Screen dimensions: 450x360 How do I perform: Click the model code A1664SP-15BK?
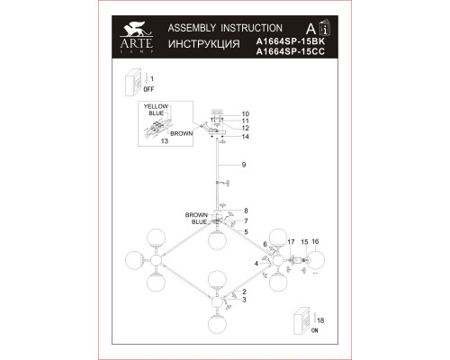pyautogui.click(x=291, y=41)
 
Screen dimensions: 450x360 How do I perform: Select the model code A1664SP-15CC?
pyautogui.click(x=291, y=51)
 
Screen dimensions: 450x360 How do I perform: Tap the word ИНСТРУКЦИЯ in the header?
pyautogui.click(x=204, y=44)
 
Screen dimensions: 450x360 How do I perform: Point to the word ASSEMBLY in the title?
pyautogui.click(x=192, y=28)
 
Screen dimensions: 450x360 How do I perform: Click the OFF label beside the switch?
pyautogui.click(x=148, y=89)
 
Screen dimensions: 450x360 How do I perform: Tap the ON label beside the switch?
pyautogui.click(x=314, y=330)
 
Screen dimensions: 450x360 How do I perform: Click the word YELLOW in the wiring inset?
pyautogui.click(x=156, y=106)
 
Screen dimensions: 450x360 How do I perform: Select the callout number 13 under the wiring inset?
pyautogui.click(x=165, y=141)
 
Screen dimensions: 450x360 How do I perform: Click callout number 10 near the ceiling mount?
pyautogui.click(x=246, y=114)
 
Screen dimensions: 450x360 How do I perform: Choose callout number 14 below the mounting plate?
pyautogui.click(x=246, y=137)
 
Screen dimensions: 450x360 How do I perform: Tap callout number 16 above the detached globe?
pyautogui.click(x=315, y=241)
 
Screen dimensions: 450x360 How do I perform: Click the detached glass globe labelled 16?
pyautogui.click(x=315, y=260)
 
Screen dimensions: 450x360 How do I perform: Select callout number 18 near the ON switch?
pyautogui.click(x=320, y=320)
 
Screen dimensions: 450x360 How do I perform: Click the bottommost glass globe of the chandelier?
pyautogui.click(x=217, y=324)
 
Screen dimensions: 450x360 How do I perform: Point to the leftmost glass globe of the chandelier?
pyautogui.click(x=135, y=260)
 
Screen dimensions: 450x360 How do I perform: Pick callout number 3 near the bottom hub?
pyautogui.click(x=244, y=300)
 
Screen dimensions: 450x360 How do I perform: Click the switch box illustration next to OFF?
pyautogui.click(x=133, y=83)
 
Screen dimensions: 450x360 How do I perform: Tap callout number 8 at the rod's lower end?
pyautogui.click(x=246, y=211)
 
